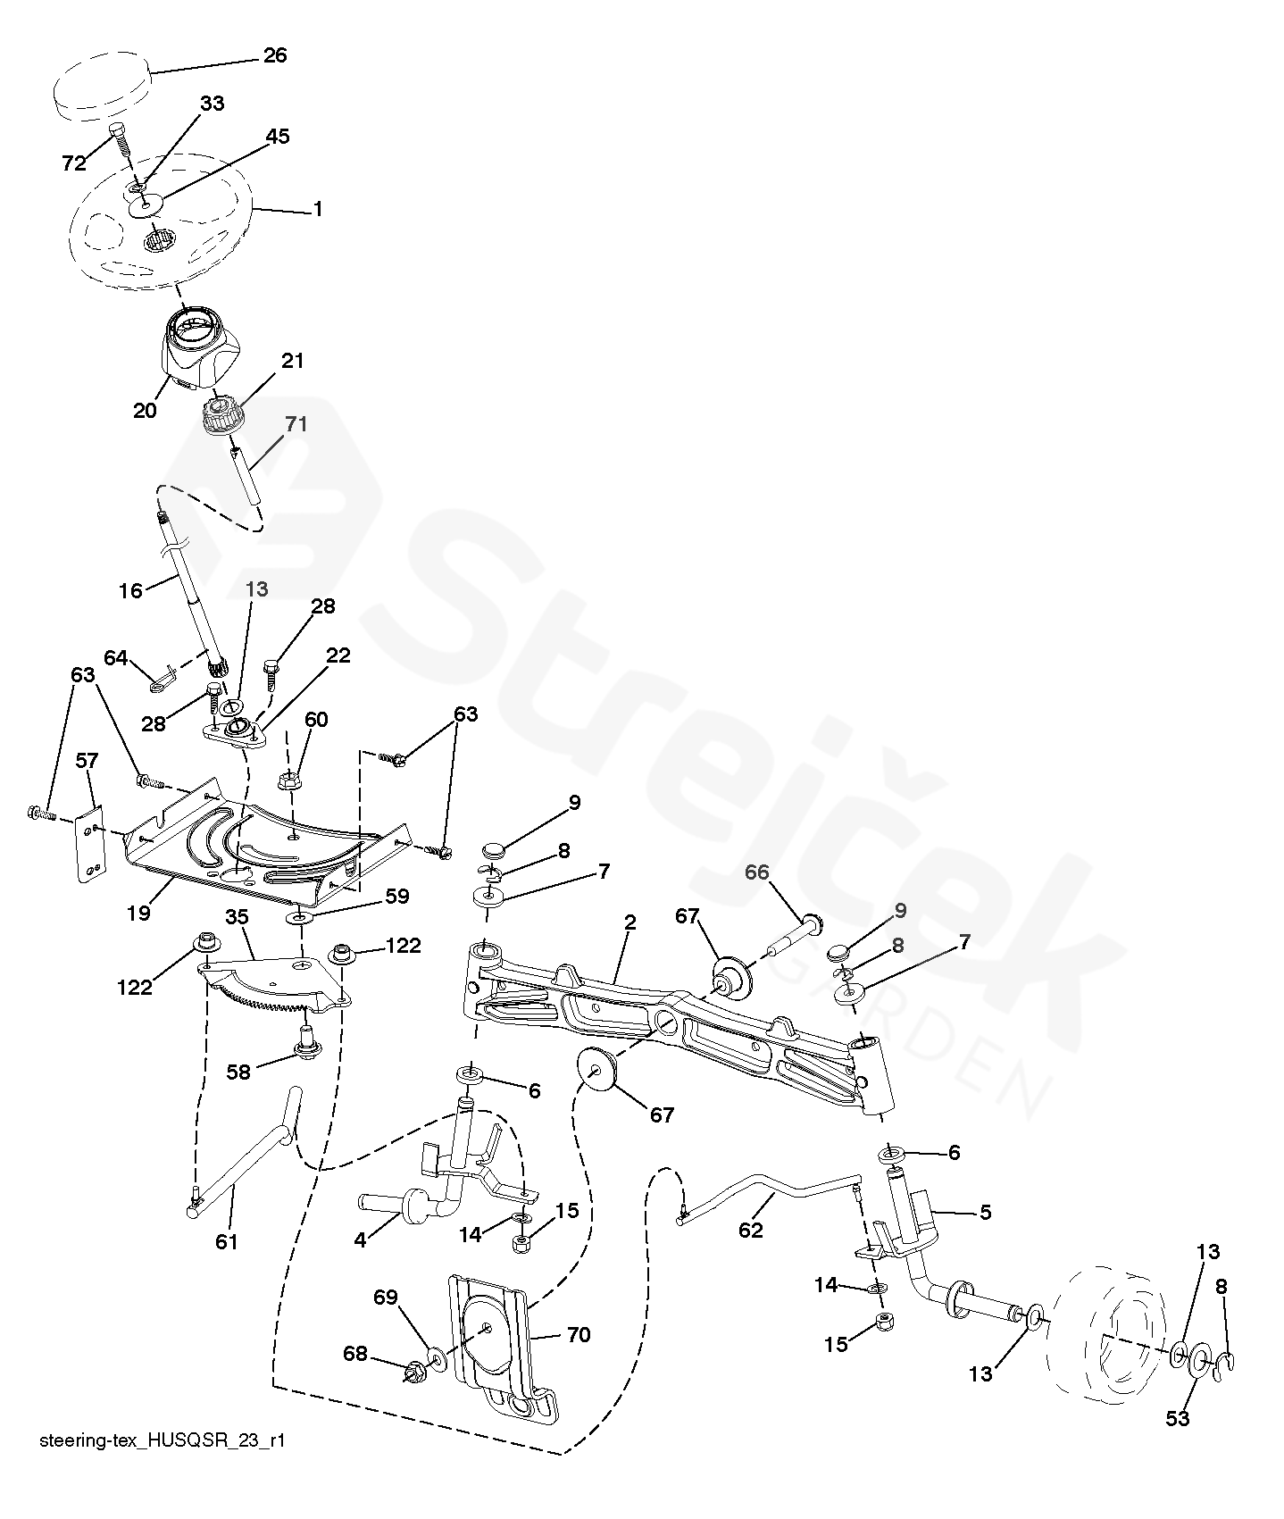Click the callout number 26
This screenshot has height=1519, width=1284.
274,55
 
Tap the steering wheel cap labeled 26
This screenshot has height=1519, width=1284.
100,86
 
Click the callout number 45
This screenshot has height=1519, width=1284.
277,137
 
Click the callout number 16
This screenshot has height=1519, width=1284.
131,590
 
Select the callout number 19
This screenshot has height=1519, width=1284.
138,913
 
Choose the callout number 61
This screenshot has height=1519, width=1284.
227,1241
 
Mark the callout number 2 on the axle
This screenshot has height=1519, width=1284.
629,923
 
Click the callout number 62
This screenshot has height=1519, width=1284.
751,1230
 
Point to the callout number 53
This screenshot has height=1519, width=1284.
1178,1417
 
